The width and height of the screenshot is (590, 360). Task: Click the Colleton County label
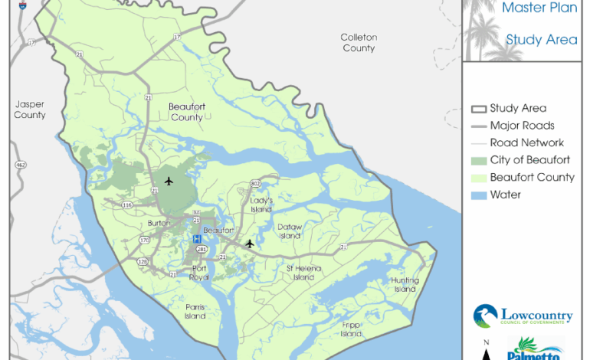click(359, 43)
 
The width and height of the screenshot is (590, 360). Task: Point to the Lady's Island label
click(262, 205)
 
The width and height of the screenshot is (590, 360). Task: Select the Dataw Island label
click(290, 231)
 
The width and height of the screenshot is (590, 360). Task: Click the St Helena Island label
click(304, 273)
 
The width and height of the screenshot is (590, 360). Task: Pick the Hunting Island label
click(405, 284)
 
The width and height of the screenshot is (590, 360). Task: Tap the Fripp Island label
click(351, 329)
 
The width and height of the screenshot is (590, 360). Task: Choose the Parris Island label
click(195, 311)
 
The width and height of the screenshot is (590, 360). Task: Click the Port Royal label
click(199, 273)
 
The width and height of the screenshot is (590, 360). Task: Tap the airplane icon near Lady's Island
click(249, 244)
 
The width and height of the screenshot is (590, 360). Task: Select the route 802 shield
click(255, 184)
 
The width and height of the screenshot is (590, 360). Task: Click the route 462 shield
click(21, 165)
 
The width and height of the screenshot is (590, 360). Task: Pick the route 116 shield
click(124, 206)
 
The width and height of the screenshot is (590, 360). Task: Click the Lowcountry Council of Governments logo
click(523, 316)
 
